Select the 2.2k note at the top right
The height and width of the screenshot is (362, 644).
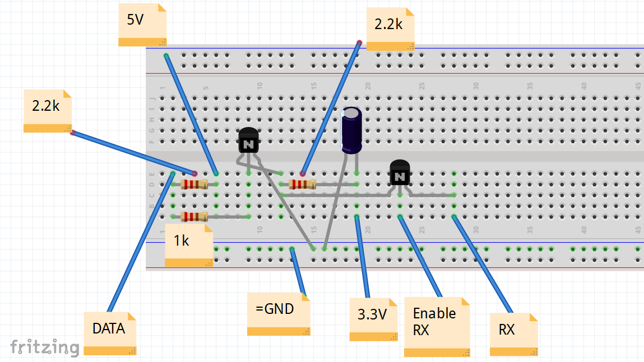point(390,29)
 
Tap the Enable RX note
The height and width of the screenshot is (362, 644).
point(437,327)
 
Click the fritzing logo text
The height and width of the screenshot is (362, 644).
point(44,347)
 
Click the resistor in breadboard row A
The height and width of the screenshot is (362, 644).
point(194,217)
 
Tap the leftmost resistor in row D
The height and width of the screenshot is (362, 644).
point(194,184)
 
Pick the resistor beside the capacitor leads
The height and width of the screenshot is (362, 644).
point(302,184)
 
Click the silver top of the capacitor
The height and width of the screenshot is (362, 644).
point(351,114)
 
